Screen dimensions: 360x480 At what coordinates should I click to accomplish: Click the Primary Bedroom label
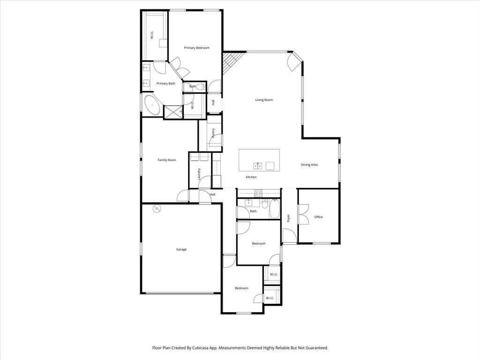196,48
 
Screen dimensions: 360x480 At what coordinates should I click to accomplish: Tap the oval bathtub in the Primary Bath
152,105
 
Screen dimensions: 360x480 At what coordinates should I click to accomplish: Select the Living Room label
264,100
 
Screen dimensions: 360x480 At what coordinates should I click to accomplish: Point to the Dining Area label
309,165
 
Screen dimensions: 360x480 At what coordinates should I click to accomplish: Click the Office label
319,217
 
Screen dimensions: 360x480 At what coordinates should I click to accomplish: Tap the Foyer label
288,218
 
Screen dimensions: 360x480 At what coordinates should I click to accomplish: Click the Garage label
181,249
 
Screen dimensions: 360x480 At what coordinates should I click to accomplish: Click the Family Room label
167,160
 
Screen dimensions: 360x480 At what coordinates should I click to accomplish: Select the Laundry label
199,174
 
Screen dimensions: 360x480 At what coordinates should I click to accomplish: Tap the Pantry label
213,133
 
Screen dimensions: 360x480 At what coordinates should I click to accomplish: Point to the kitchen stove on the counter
258,193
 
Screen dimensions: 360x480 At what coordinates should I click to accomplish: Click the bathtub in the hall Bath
274,209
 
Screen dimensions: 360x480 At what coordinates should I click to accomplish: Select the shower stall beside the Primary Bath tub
172,112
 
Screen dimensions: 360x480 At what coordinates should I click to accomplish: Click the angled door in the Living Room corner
296,60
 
